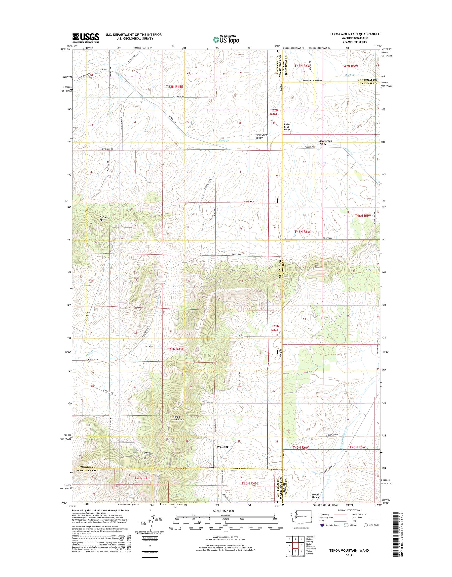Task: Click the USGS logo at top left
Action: pos(86,38)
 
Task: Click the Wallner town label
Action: pos(222,447)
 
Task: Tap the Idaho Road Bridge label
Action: pos(287,127)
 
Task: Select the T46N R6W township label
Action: pos(302,231)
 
